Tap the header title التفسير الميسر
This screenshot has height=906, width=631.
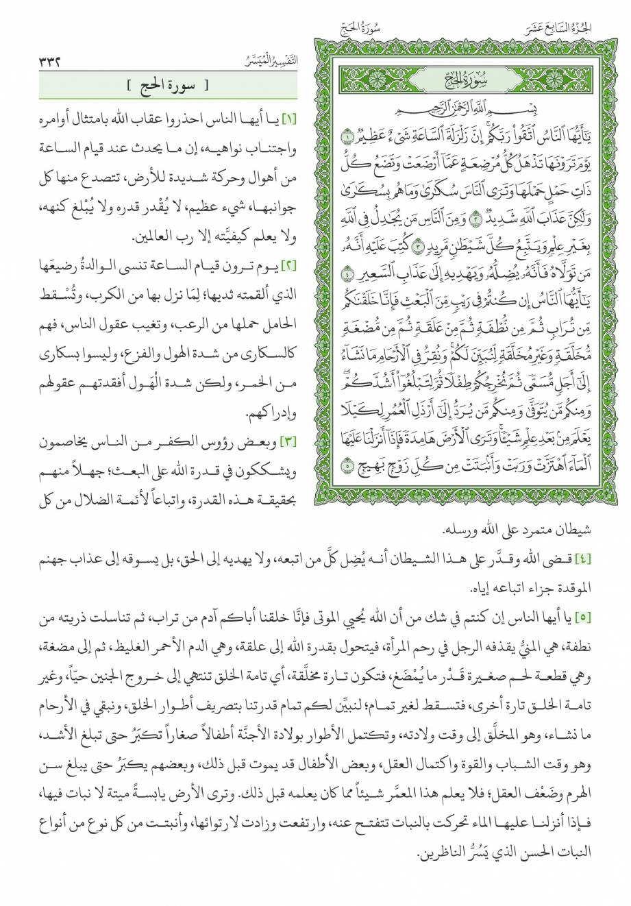[x=271, y=60]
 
